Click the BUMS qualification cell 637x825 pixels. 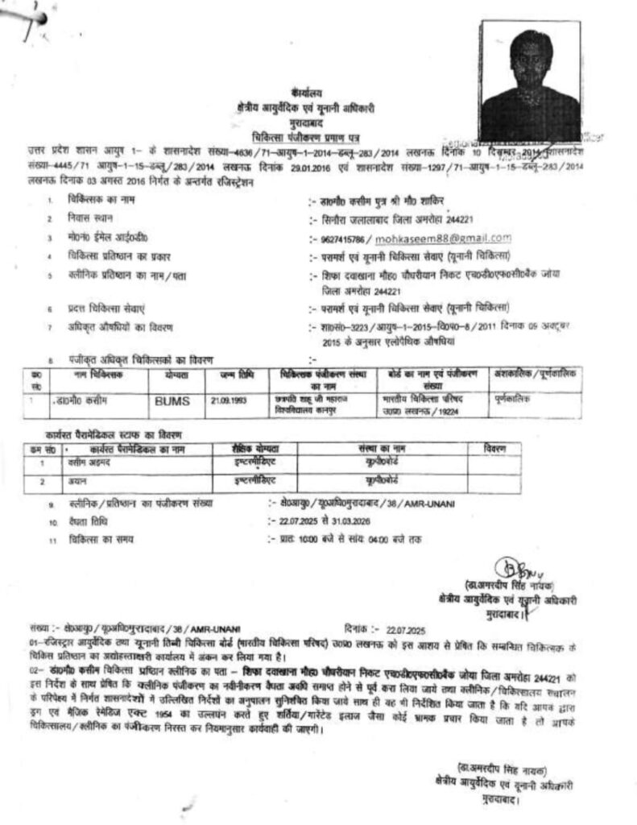coord(170,399)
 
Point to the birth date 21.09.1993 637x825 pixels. coord(227,399)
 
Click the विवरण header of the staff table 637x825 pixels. coord(496,446)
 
